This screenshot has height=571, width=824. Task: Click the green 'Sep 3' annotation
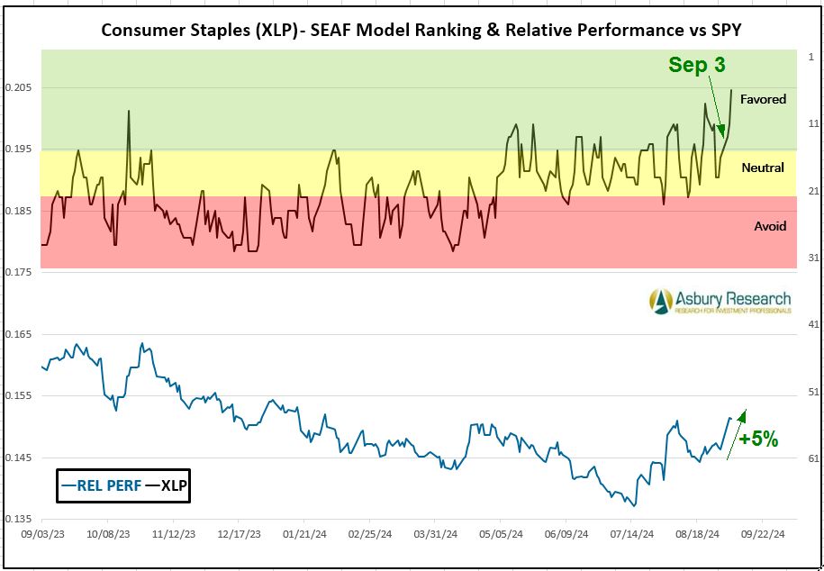click(696, 65)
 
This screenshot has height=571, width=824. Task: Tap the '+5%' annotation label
click(757, 440)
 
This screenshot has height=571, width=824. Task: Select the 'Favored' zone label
click(763, 99)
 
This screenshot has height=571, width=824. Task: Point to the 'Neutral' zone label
click(763, 168)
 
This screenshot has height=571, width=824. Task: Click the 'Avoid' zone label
click(770, 226)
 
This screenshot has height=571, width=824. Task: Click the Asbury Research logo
click(720, 301)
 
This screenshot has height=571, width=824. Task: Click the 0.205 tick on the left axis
click(19, 87)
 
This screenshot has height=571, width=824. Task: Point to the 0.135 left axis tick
click(19, 520)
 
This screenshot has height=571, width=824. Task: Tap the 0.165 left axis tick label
click(19, 334)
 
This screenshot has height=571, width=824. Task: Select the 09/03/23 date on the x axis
click(41, 533)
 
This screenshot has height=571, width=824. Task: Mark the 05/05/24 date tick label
click(500, 533)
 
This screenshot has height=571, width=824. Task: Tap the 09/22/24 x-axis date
click(762, 533)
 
